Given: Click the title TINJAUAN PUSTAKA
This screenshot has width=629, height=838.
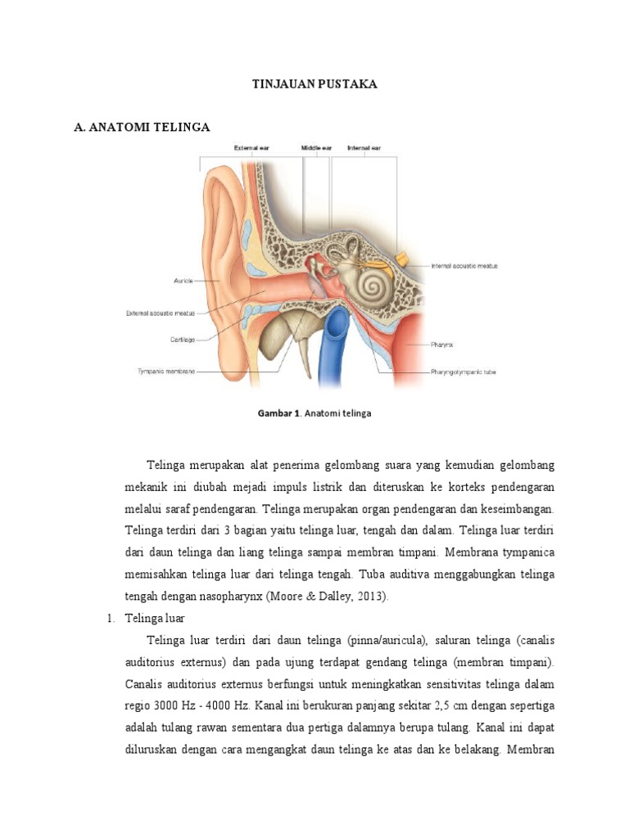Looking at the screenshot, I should pos(314,84).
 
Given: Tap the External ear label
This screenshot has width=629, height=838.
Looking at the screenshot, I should pos(251,148).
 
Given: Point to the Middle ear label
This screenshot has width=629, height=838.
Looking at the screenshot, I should pos(316,148).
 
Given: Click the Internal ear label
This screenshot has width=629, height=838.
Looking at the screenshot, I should pos(364,148).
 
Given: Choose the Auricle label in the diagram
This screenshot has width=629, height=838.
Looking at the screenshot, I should pos(183,281).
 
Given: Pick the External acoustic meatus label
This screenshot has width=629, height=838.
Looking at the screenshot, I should pos(160,312).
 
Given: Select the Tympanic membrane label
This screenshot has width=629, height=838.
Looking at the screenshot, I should pos(165,371).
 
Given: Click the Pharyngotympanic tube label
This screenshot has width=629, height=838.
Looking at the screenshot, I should pos(463,371).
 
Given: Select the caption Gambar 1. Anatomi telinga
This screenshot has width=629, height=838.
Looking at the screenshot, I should pos(314,413).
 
